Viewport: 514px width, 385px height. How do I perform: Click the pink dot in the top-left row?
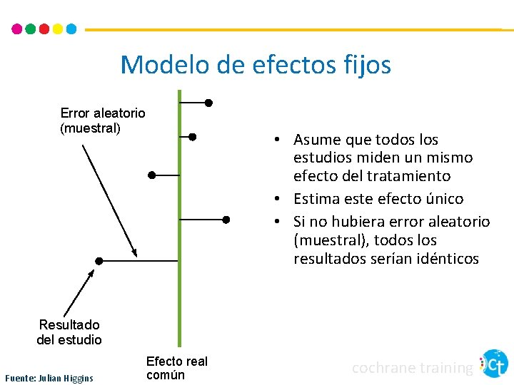tap(17, 29)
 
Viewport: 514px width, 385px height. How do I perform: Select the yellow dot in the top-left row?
tap(57, 29)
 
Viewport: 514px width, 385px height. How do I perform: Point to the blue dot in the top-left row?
tap(71, 29)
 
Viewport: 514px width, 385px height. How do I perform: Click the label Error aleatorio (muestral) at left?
tap(102, 120)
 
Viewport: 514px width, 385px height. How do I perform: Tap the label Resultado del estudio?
tap(69, 332)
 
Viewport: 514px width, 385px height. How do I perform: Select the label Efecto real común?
tap(176, 368)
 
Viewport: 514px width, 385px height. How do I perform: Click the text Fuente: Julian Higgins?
tap(49, 377)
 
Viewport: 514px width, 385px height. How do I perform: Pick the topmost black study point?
tap(208, 103)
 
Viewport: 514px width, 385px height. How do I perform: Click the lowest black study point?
tap(99, 261)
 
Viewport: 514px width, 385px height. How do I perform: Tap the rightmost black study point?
tap(226, 220)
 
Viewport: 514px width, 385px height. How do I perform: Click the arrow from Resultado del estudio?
tap(79, 292)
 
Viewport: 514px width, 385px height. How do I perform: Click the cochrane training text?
tap(413, 368)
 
